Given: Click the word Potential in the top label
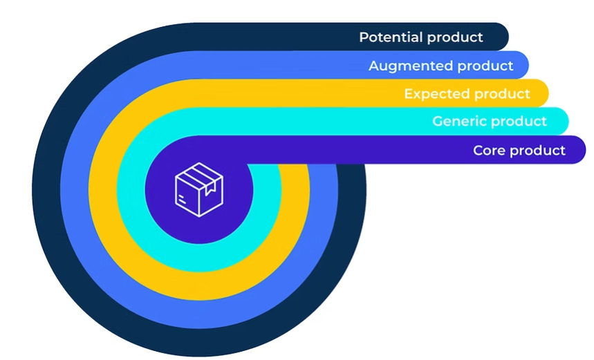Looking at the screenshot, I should point(390,37).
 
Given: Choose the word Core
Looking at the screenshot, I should point(489,150).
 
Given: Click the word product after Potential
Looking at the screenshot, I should point(454,37).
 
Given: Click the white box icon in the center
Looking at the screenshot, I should point(199,189).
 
